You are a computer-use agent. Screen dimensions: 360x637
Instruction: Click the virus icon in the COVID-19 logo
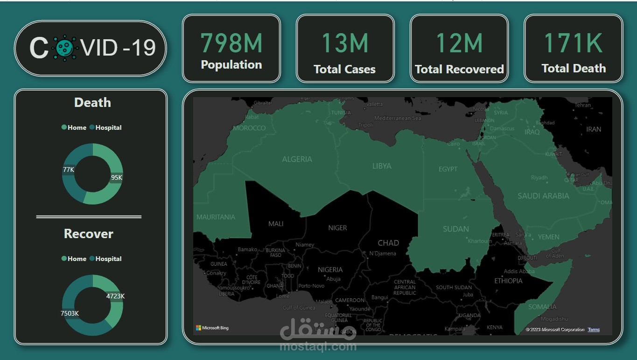65,48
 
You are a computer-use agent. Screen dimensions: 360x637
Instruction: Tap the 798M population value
231,42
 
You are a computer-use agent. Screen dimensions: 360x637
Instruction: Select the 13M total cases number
345,42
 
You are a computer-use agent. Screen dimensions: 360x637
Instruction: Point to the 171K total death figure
573,42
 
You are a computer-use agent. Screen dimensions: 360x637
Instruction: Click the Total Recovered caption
459,70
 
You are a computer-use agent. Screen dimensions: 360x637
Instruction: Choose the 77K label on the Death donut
69,169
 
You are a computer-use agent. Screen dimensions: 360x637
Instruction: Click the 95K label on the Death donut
116,177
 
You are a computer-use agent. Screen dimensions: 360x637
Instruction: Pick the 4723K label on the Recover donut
115,296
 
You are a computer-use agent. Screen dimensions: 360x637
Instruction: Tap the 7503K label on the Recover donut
70,313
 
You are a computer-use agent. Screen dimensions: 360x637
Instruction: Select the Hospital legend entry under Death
105,127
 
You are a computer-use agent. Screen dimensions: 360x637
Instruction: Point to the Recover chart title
89,234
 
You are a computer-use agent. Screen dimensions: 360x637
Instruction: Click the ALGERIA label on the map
297,159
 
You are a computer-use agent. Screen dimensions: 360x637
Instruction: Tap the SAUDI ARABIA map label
543,196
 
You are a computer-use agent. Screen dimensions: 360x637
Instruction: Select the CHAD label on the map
388,243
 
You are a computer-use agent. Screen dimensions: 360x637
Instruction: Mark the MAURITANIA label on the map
216,217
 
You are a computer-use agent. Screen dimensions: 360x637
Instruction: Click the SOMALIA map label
542,307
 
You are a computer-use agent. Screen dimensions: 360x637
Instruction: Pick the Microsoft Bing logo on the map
212,328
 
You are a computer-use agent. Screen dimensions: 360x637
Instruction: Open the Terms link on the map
594,330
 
